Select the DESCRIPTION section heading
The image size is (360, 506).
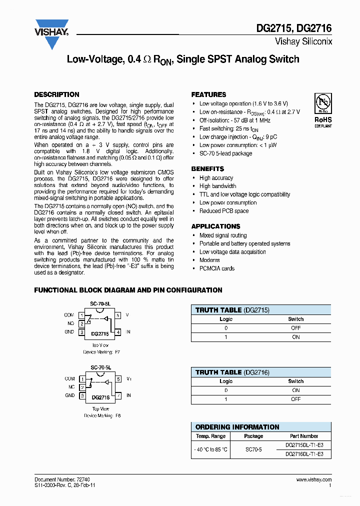(x=56, y=94)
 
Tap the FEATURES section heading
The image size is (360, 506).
(x=208, y=94)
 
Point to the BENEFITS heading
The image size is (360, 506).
(x=207, y=169)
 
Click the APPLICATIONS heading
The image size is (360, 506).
(x=215, y=226)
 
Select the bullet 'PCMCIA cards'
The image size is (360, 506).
(x=217, y=268)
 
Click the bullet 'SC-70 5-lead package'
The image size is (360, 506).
(x=225, y=153)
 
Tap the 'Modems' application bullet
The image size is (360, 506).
(x=209, y=260)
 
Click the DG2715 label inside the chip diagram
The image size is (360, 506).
(x=100, y=333)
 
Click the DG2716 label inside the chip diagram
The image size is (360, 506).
(x=100, y=398)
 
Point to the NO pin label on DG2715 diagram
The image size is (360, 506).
(x=70, y=323)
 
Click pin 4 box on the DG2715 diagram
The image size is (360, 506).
(x=118, y=332)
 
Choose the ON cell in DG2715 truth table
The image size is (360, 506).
(x=295, y=337)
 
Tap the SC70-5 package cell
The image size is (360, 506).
(x=253, y=449)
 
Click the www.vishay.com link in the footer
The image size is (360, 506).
(x=313, y=479)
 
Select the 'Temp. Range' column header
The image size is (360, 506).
(x=211, y=436)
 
